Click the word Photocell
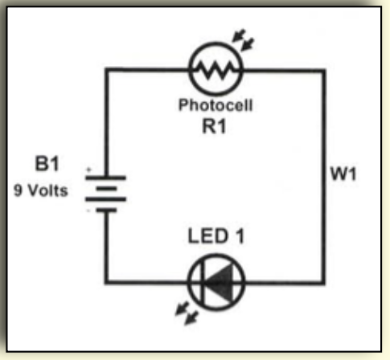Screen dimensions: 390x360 [216, 105]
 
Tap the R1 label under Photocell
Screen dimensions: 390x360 [214, 126]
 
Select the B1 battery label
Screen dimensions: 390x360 [47, 163]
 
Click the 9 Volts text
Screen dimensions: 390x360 [41, 190]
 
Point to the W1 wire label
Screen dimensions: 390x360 [343, 174]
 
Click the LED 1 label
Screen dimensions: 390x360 [216, 236]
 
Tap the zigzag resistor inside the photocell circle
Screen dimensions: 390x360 [216, 70]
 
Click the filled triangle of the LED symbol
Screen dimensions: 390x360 [219, 282]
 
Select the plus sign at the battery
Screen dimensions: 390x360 [88, 170]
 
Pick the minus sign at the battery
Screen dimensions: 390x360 [88, 211]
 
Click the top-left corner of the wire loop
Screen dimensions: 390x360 [106, 70]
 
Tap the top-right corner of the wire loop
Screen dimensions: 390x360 [323, 71]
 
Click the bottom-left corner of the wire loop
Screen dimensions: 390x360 [106, 282]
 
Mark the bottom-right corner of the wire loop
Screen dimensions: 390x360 [323, 282]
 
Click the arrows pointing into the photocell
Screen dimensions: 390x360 [243, 39]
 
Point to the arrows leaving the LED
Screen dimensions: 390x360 [187, 313]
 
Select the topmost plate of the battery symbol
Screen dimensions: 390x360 [105, 178]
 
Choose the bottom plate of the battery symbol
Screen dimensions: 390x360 [106, 211]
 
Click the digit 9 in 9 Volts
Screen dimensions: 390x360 [18, 190]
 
